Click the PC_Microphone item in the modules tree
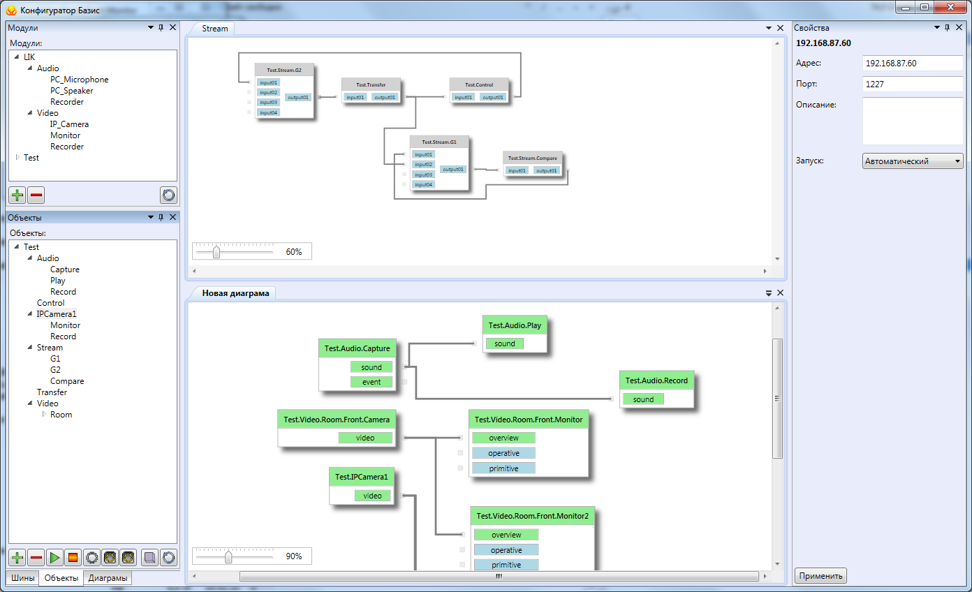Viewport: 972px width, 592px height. pyautogui.click(x=79, y=80)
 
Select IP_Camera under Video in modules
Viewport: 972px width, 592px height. pyautogui.click(x=69, y=124)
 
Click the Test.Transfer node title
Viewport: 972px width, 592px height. pyautogui.click(x=371, y=84)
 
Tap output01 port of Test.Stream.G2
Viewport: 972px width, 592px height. pyautogui.click(x=298, y=97)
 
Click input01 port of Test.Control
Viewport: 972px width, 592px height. pyautogui.click(x=463, y=97)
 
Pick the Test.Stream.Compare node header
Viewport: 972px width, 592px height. pyautogui.click(x=533, y=158)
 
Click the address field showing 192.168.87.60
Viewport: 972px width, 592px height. pyautogui.click(x=912, y=63)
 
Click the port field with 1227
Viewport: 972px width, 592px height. pyautogui.click(x=912, y=84)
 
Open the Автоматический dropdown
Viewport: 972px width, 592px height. pyautogui.click(x=912, y=161)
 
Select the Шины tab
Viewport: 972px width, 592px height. pyautogui.click(x=22, y=578)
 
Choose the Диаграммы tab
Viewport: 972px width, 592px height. pyautogui.click(x=108, y=578)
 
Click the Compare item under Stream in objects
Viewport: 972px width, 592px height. pyautogui.click(x=67, y=381)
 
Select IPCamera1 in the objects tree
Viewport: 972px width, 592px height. pyautogui.click(x=57, y=314)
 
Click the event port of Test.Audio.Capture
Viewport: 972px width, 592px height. pyautogui.click(x=371, y=382)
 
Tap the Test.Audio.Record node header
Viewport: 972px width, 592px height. pyautogui.click(x=656, y=380)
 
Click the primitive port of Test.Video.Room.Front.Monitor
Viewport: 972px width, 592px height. pyautogui.click(x=503, y=468)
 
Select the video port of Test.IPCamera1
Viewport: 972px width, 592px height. pyautogui.click(x=372, y=496)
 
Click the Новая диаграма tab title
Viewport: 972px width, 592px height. pyautogui.click(x=235, y=293)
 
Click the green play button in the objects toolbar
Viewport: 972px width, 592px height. pyautogui.click(x=54, y=558)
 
